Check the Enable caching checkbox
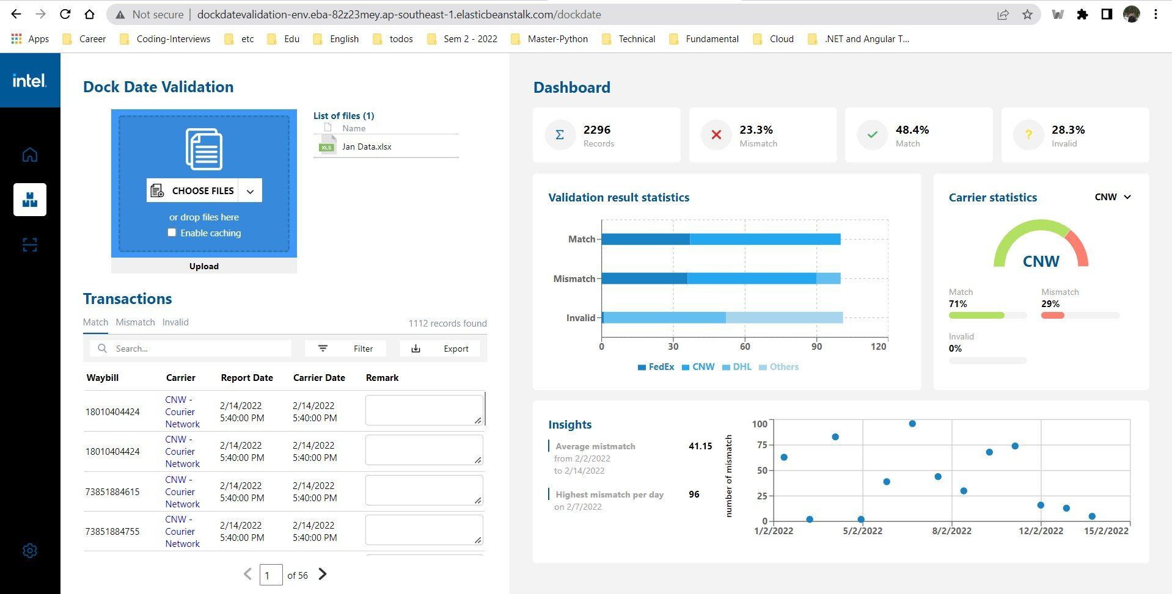(172, 233)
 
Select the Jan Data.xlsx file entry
(367, 147)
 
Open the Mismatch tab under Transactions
(135, 322)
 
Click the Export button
(440, 349)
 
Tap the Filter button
(345, 349)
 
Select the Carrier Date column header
(319, 378)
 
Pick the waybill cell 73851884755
(112, 532)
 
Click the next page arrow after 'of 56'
(323, 574)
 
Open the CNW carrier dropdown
(1113, 197)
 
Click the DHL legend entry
(737, 367)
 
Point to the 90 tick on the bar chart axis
(816, 347)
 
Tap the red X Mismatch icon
(716, 135)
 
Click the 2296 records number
(597, 130)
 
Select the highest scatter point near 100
(912, 424)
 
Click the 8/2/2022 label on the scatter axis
(951, 531)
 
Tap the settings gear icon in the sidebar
(30, 551)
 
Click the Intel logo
(29, 81)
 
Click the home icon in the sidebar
(30, 154)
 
